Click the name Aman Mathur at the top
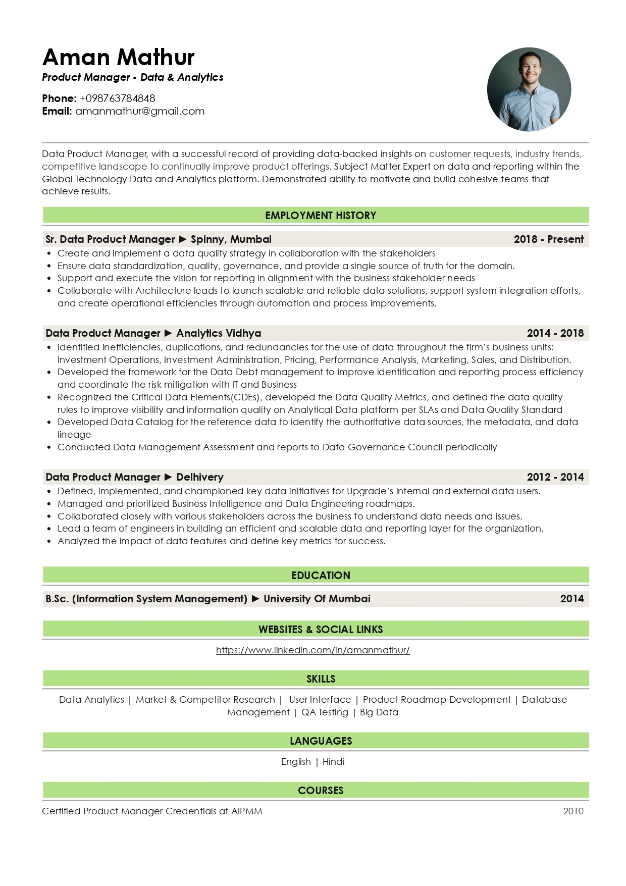coord(119,58)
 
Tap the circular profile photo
coord(529,90)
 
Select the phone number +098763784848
coord(118,98)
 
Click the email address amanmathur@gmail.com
coord(140,111)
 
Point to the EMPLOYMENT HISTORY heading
coord(321,216)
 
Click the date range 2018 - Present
coord(548,239)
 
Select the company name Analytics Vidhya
coord(219,333)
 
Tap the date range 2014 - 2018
coord(555,333)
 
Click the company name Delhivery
coord(199,477)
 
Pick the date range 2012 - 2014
coord(555,477)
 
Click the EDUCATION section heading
coord(321,576)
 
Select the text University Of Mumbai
coord(317,599)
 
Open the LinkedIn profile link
coord(312,650)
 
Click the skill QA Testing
coord(325,712)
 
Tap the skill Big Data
coord(379,712)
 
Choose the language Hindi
coord(333,762)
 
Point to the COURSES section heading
coord(321,791)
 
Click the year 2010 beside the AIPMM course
coord(573,811)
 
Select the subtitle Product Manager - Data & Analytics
coord(133,77)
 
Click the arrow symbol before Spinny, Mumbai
coord(183,239)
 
